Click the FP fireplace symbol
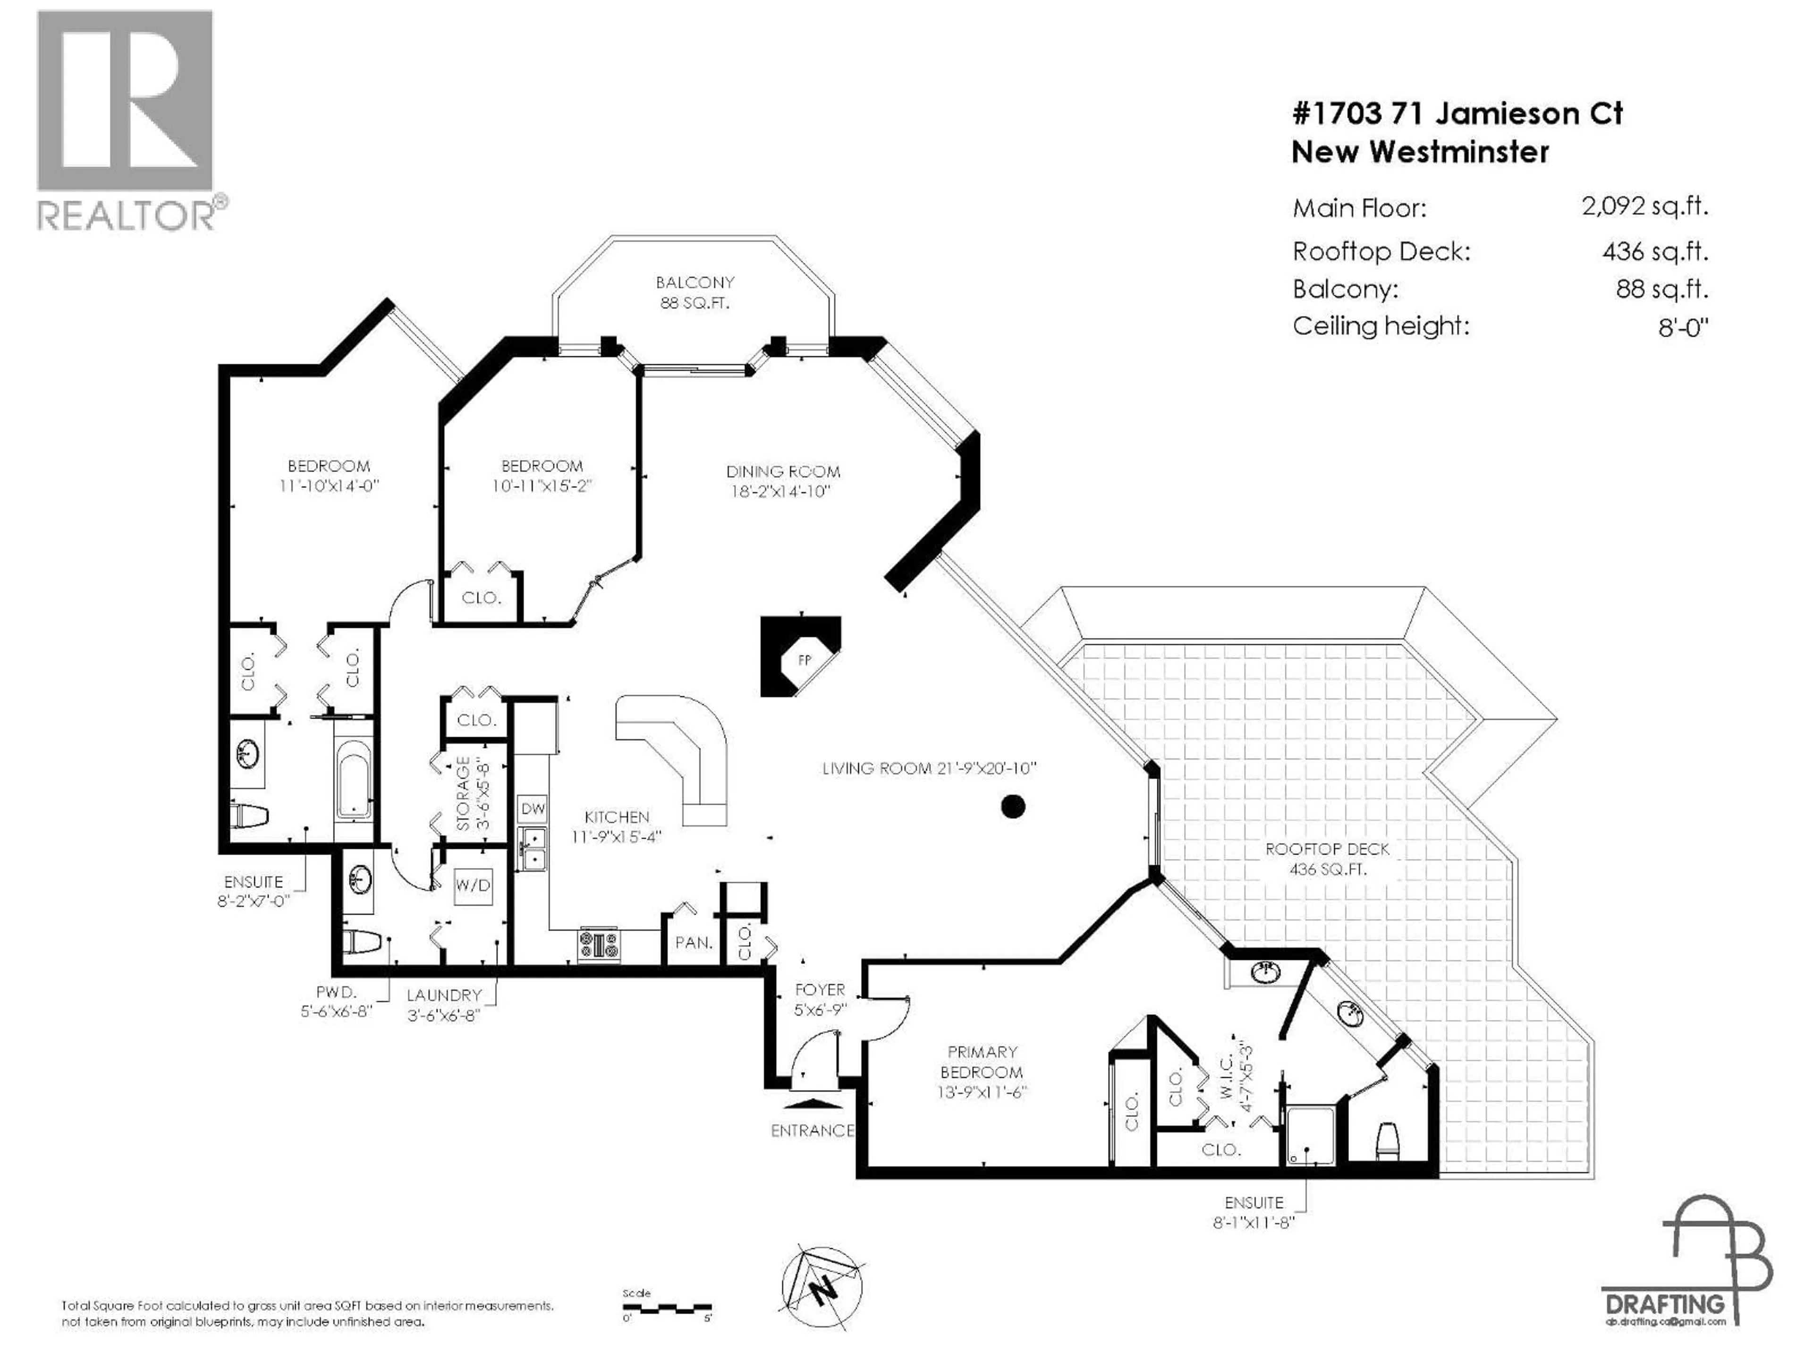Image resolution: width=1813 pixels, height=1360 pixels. coord(803,658)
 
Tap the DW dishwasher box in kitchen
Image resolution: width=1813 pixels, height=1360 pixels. coord(533,808)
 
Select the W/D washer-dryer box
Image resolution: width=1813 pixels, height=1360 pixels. coord(473,885)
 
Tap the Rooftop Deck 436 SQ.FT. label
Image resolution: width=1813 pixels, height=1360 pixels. coord(1327,858)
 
